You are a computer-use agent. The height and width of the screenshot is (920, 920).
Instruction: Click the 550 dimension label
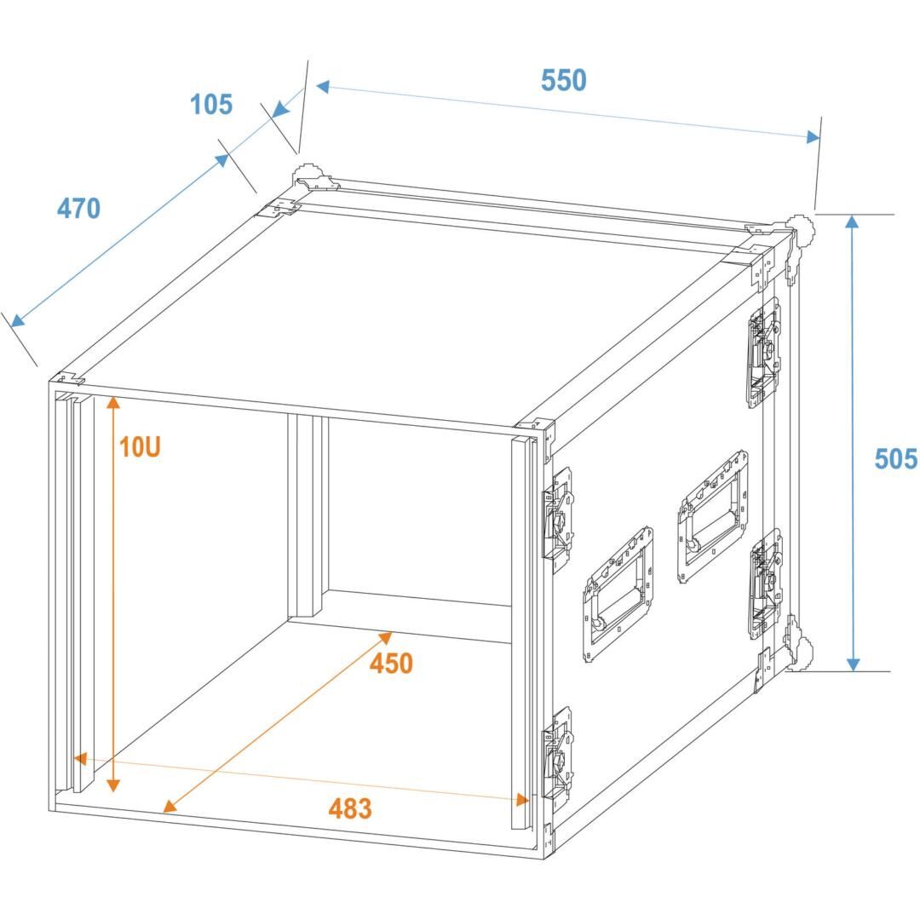click(x=563, y=80)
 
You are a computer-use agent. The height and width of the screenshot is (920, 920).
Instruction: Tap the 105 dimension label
click(x=211, y=105)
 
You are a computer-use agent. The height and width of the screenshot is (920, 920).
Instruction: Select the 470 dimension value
click(x=78, y=209)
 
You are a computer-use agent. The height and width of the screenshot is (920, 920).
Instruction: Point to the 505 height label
click(x=895, y=458)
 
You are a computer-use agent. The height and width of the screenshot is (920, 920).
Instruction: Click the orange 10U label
click(x=140, y=447)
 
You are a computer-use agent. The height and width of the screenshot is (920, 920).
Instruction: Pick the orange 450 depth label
click(x=391, y=664)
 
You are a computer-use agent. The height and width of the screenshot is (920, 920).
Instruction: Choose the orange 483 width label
click(x=350, y=808)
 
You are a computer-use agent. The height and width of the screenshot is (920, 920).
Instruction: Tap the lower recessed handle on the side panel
click(x=618, y=595)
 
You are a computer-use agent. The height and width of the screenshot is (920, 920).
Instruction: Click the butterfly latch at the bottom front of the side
click(x=557, y=754)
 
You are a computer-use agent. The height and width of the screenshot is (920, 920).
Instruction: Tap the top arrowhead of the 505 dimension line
click(x=853, y=221)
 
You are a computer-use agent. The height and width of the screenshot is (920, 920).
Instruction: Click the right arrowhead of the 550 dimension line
click(x=814, y=137)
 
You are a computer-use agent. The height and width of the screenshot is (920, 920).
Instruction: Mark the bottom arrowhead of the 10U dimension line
click(x=114, y=785)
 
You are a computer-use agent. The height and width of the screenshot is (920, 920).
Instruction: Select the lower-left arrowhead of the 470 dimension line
click(x=18, y=320)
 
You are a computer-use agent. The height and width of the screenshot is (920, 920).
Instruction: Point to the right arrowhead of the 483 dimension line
click(x=522, y=799)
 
